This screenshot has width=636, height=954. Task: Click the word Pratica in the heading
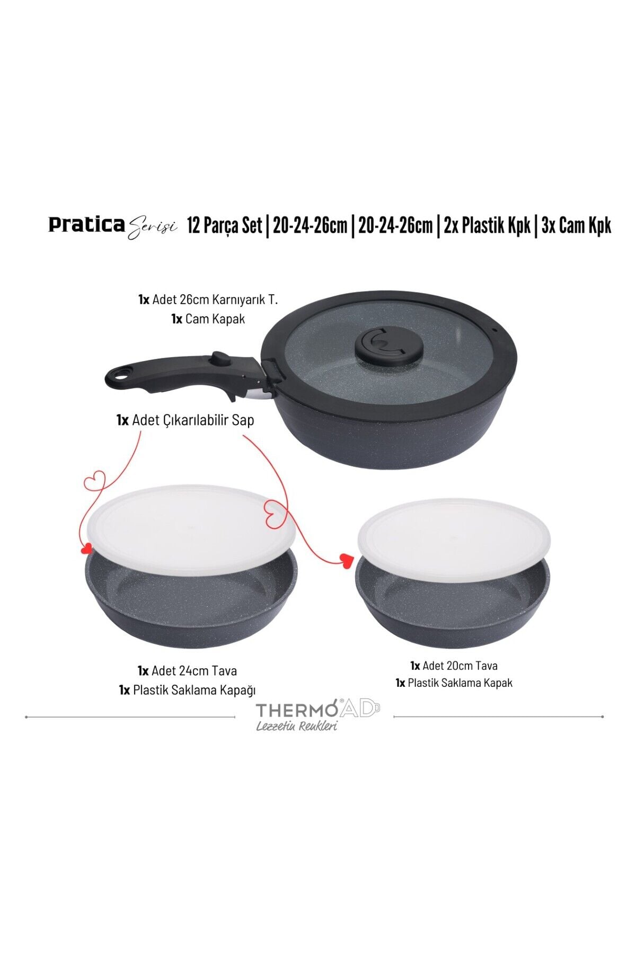[86, 225]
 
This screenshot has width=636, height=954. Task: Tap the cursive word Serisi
[152, 227]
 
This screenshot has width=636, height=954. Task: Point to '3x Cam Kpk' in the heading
[576, 226]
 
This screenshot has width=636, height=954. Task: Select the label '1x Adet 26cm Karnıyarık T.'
[208, 299]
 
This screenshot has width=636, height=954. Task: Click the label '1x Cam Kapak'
[208, 319]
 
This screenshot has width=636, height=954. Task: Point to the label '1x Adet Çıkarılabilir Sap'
[185, 420]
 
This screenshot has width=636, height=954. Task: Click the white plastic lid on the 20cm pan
[454, 540]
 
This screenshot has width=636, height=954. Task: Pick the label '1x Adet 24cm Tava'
[187, 670]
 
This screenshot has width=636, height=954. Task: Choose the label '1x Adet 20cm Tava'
[454, 666]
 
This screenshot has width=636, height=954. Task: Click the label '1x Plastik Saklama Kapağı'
[187, 690]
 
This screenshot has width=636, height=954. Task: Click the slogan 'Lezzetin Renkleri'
[297, 726]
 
